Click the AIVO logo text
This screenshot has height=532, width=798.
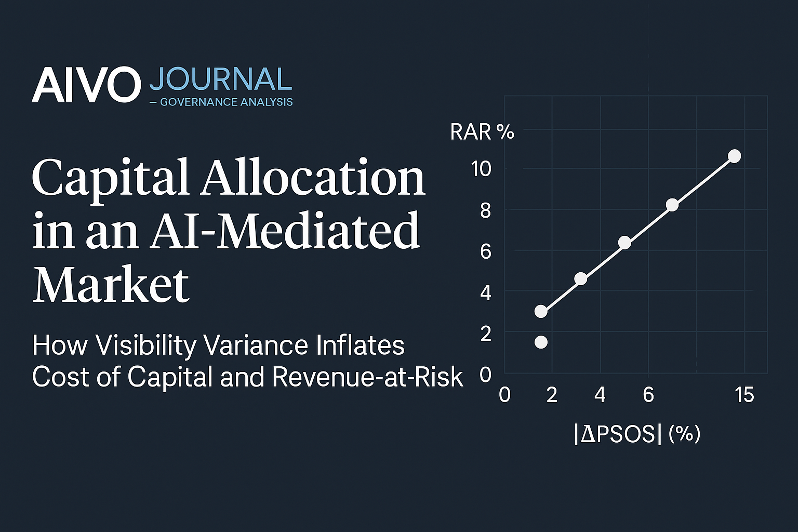86,85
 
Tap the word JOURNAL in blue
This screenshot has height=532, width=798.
220,79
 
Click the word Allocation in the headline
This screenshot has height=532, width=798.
314,178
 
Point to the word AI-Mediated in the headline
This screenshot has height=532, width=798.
285,231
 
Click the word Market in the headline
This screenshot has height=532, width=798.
111,284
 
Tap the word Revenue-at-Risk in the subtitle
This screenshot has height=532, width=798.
367,377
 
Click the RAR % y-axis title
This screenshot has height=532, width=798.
482,132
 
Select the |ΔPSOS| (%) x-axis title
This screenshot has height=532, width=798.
637,434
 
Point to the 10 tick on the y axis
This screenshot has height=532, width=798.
481,168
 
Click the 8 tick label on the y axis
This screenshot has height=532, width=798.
485,210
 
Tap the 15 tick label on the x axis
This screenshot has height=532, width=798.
744,395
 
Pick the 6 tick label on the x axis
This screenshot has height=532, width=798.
648,395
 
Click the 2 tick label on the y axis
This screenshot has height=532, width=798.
485,334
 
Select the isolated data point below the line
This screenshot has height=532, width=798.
541,342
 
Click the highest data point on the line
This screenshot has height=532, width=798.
734,156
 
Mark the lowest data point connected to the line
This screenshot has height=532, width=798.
541,311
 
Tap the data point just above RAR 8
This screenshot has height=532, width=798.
672,205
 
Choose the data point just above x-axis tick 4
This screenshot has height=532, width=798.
581,279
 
